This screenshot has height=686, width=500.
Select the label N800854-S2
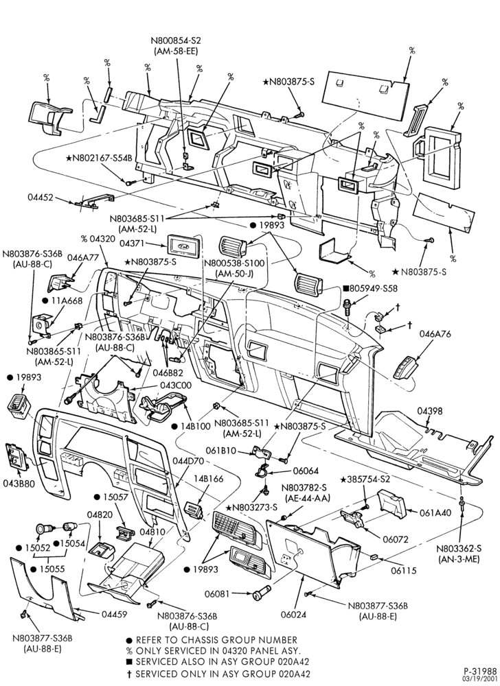click(x=176, y=40)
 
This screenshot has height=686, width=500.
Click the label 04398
click(x=429, y=411)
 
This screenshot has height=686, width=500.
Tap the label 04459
click(x=115, y=614)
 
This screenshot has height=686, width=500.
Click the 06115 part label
click(x=403, y=571)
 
